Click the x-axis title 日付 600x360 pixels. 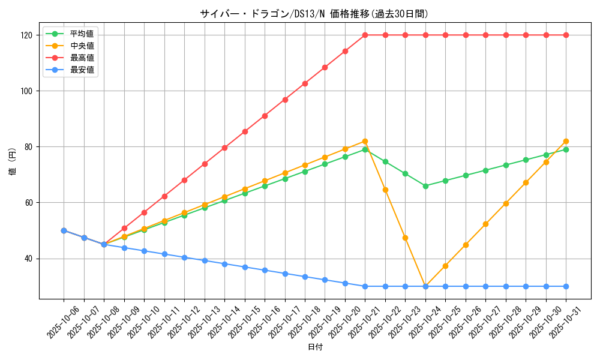point(315,347)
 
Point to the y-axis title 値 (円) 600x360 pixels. point(12,163)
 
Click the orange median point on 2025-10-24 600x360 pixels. point(425,286)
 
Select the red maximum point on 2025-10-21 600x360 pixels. point(365,35)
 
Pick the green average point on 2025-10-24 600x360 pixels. point(425,186)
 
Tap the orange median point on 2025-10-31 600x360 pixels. point(566,141)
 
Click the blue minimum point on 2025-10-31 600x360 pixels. point(566,286)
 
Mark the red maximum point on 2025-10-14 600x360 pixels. point(224,148)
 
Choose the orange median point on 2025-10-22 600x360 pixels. point(385,190)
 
